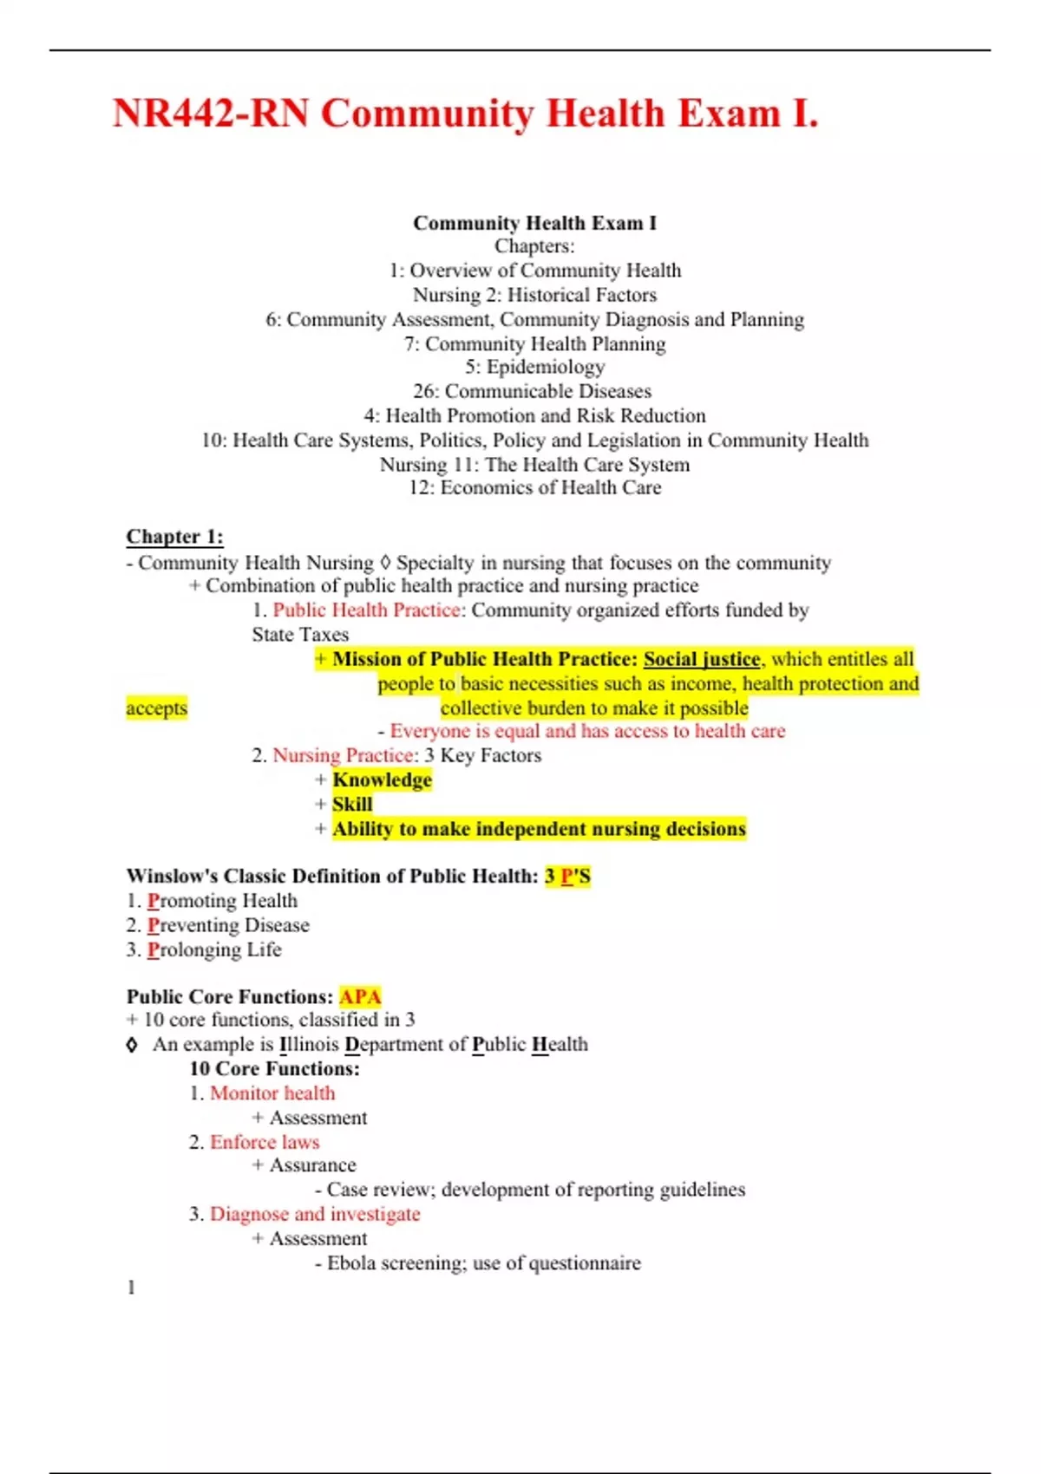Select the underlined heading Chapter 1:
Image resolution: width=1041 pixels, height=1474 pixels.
tap(174, 537)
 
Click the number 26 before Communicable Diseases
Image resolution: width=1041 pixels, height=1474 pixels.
tap(425, 392)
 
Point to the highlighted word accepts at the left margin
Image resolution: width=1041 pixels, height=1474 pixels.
tap(156, 708)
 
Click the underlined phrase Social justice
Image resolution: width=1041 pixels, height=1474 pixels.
tap(702, 659)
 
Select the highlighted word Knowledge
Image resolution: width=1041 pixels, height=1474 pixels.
tap(382, 780)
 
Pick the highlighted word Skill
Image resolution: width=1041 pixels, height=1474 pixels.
tap(352, 805)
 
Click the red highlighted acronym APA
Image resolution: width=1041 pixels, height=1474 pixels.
tap(360, 997)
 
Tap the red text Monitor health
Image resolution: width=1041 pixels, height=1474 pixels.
tap(272, 1093)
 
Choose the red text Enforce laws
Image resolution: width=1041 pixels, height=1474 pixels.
tap(265, 1142)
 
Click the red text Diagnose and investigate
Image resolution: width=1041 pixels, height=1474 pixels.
tap(315, 1214)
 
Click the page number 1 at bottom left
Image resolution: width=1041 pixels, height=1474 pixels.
tap(131, 1288)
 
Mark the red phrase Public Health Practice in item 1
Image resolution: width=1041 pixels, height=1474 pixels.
tap(366, 610)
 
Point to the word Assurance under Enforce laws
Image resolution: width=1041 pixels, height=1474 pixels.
tap(312, 1165)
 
